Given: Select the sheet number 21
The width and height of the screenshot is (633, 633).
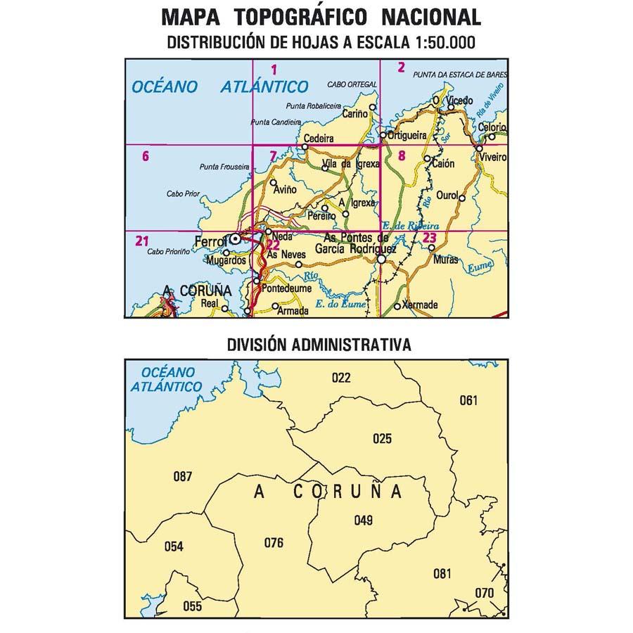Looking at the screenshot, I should (142, 243).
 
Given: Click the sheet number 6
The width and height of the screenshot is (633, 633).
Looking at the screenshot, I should (145, 156).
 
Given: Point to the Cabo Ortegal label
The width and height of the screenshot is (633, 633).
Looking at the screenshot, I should (347, 86).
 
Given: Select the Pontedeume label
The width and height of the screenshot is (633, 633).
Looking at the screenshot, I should (283, 288).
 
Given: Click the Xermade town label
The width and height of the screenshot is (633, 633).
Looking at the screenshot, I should (422, 305).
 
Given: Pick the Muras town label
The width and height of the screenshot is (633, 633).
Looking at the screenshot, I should (447, 259).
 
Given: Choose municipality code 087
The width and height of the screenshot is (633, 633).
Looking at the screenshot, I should (182, 477).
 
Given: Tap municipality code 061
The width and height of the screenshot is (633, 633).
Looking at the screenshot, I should (468, 401).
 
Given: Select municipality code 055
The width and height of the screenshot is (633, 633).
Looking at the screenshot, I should (191, 606).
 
